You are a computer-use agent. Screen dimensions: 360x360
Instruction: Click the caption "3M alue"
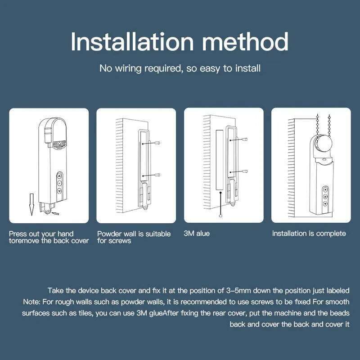197,234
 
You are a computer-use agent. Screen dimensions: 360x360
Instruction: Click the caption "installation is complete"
309,234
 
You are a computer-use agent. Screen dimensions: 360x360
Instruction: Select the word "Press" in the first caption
18,234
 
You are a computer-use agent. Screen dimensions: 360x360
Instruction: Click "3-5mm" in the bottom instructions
228,291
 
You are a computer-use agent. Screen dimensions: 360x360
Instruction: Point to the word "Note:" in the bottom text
32,301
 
